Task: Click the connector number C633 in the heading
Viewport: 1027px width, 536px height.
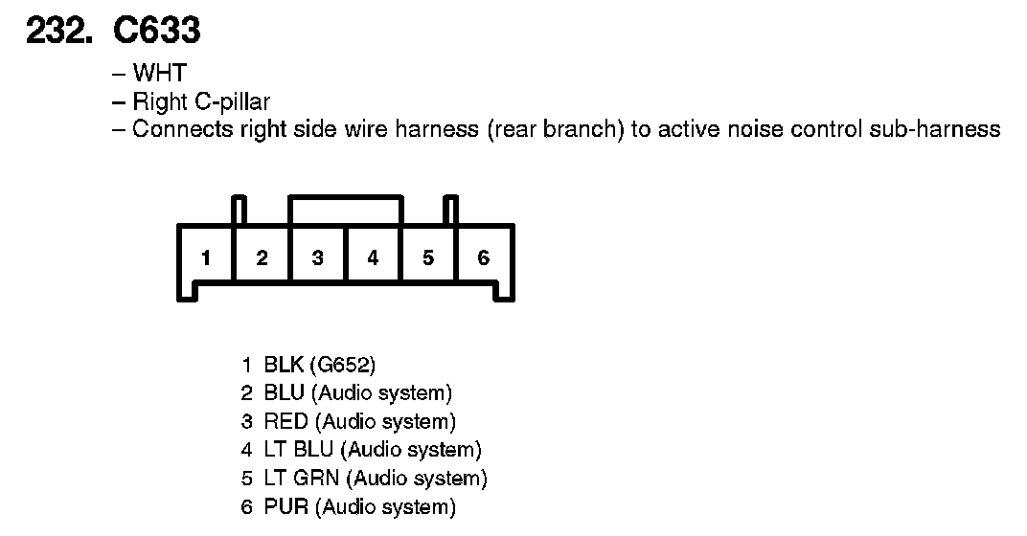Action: click(156, 32)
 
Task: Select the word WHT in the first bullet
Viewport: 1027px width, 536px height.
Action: click(159, 74)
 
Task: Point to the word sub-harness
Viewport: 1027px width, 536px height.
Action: click(935, 129)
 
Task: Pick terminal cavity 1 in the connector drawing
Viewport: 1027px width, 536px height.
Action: click(206, 257)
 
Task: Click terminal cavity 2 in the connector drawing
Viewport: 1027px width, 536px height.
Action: click(262, 257)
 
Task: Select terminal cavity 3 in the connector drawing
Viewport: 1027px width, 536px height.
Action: click(317, 257)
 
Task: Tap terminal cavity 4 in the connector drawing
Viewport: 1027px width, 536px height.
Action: click(373, 257)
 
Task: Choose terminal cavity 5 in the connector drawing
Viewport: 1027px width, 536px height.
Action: click(428, 257)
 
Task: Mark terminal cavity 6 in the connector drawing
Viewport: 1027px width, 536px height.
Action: click(484, 257)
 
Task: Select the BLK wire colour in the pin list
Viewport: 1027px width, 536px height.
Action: click(285, 365)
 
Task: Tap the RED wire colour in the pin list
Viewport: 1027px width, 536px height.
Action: click(286, 421)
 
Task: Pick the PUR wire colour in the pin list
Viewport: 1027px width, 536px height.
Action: click(286, 506)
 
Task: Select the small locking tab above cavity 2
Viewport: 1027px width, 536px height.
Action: click(240, 210)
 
